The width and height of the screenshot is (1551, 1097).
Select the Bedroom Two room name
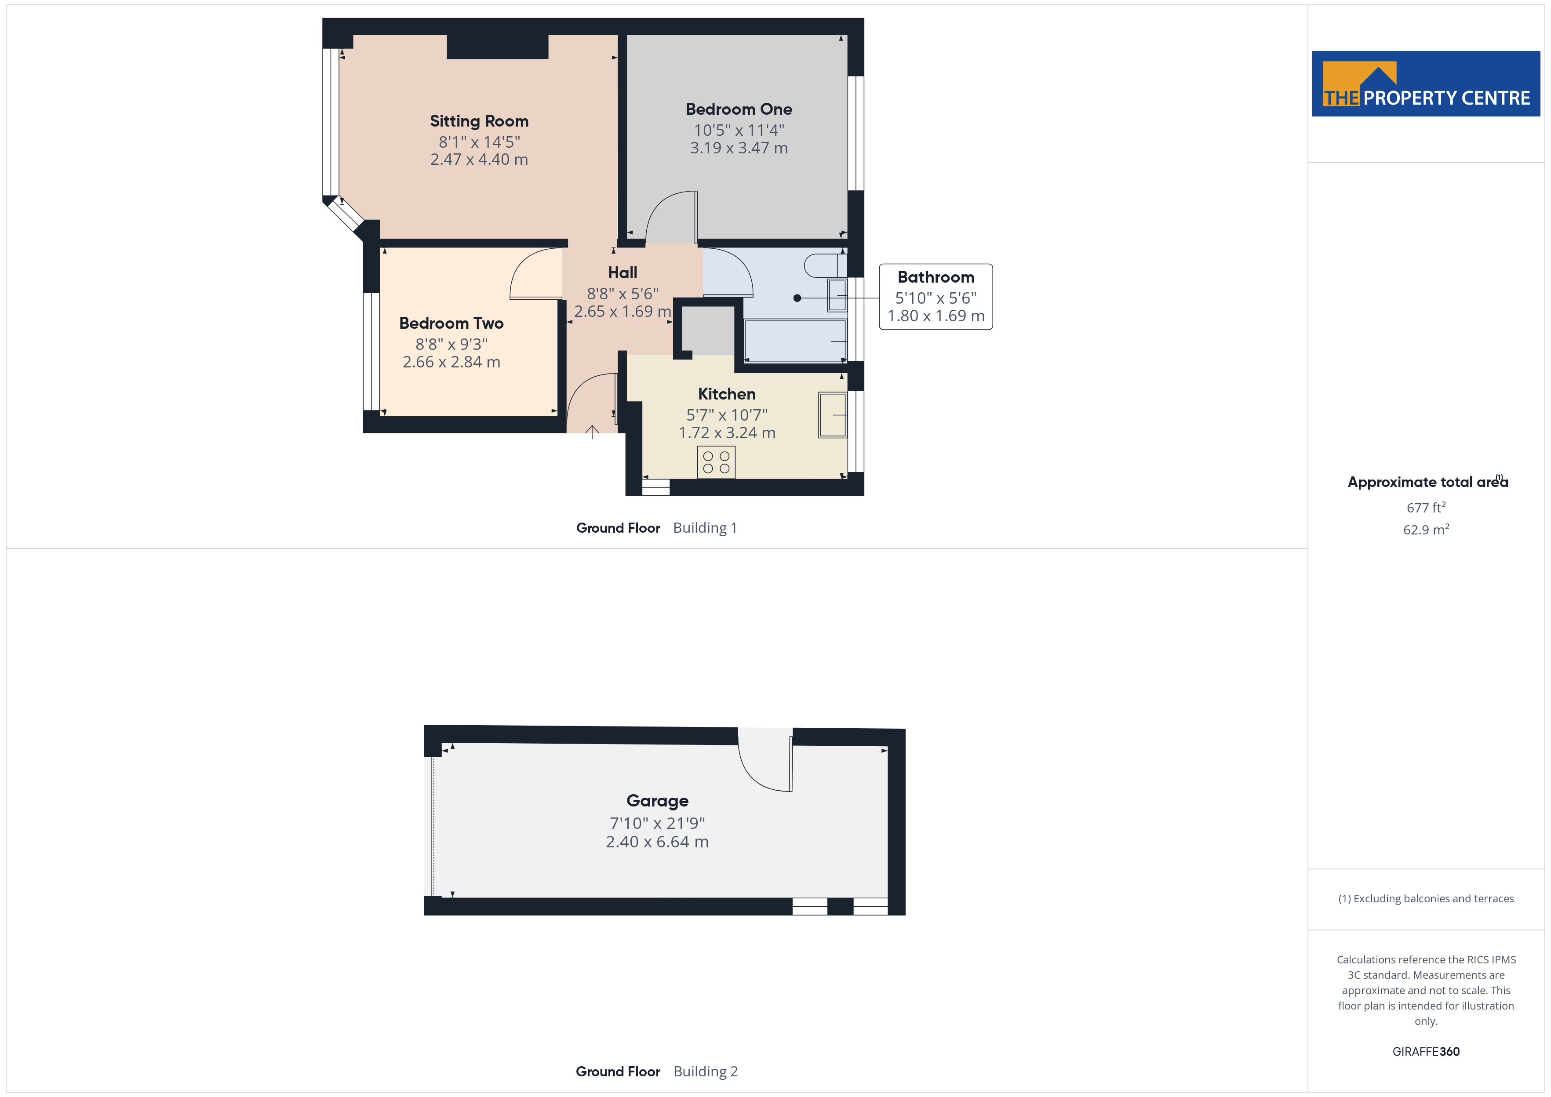click(x=451, y=323)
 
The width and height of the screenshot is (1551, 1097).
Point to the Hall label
click(x=622, y=272)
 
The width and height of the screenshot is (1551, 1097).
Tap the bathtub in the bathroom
click(x=795, y=341)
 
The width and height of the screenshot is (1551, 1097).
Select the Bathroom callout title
click(x=936, y=277)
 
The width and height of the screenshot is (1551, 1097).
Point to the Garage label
click(x=657, y=800)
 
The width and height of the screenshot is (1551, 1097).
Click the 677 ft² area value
click(x=1426, y=507)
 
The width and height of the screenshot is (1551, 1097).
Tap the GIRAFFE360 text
click(x=1426, y=1052)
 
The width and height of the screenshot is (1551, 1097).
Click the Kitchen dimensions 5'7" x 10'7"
click(x=727, y=415)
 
